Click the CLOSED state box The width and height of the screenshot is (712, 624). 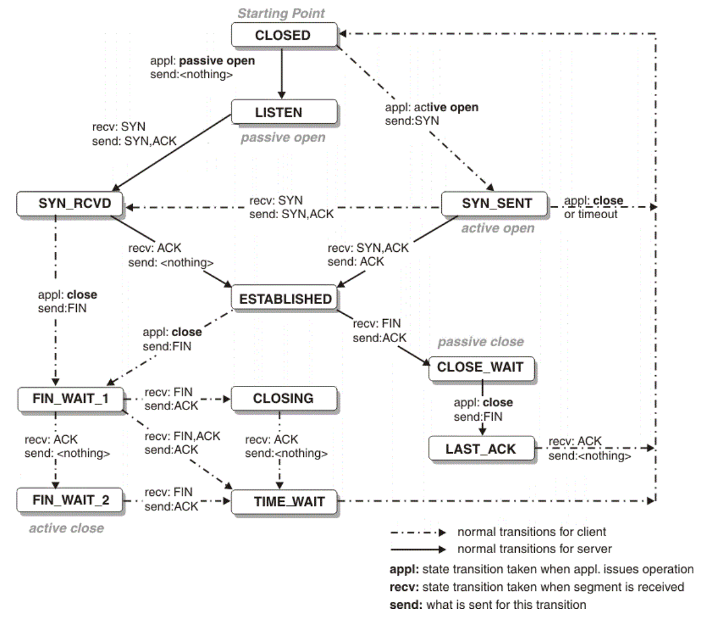(283, 35)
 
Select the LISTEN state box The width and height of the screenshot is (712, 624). (283, 112)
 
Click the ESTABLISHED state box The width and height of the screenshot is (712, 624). (285, 299)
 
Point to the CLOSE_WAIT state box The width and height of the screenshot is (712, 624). (480, 367)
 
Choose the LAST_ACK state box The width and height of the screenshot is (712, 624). (480, 449)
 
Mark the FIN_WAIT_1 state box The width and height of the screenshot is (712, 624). (70, 399)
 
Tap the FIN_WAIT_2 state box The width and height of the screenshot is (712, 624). (70, 500)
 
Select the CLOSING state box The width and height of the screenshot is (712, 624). (283, 399)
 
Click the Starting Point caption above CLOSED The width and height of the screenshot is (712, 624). (281, 13)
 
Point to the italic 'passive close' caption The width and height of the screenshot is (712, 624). (480, 342)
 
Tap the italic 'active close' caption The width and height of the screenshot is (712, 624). (66, 528)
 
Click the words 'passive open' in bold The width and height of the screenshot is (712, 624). (217, 61)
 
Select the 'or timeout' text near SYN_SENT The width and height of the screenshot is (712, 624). (591, 214)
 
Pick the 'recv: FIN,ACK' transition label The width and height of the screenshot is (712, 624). (183, 436)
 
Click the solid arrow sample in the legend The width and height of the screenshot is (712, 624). (418, 549)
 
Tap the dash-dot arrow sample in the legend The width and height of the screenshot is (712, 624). (418, 533)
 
